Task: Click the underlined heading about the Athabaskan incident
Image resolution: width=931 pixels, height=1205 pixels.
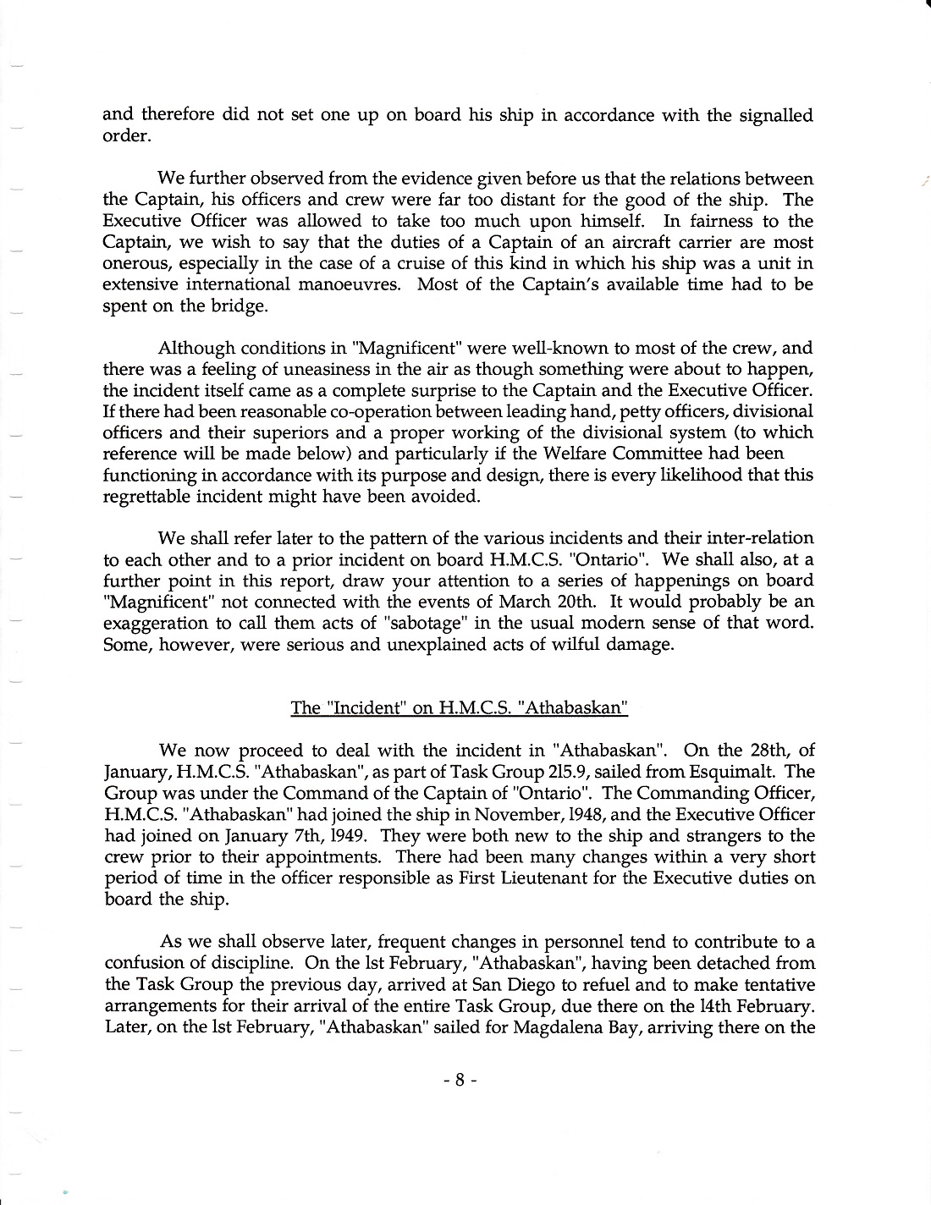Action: click(x=459, y=707)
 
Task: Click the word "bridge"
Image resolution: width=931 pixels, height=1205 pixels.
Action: click(x=238, y=306)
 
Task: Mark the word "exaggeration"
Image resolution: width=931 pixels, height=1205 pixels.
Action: click(x=158, y=624)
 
